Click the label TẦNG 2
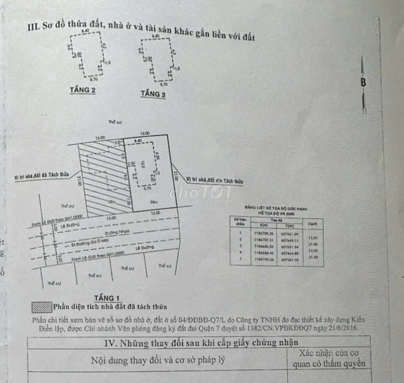83,90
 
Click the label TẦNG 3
153,94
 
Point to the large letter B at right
363,83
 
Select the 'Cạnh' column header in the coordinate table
313,224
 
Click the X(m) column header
262,226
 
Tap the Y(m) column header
290,226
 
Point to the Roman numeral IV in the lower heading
110,342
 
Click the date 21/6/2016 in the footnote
341,328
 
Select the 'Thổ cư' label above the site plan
115,122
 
